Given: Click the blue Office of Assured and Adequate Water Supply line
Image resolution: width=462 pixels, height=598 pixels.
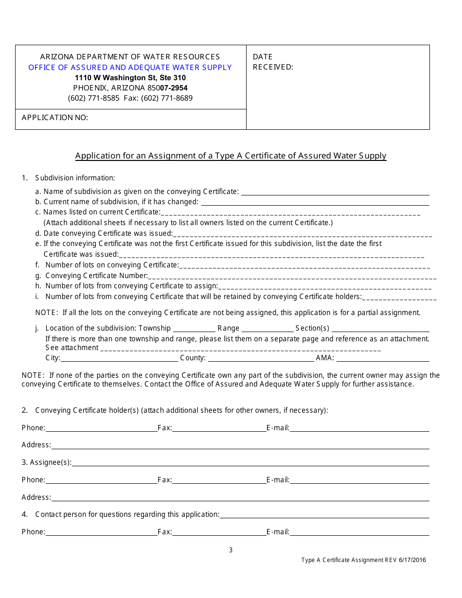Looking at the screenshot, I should pyautogui.click(x=130, y=68).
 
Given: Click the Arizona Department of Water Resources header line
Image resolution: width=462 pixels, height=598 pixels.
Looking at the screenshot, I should pyautogui.click(x=130, y=57).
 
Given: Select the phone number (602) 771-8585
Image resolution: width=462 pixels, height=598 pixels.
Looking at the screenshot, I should pyautogui.click(x=93, y=98).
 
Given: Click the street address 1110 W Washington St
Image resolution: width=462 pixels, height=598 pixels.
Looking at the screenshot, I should pyautogui.click(x=130, y=78).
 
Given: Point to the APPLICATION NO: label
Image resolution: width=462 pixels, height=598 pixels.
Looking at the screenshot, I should pyautogui.click(x=55, y=118).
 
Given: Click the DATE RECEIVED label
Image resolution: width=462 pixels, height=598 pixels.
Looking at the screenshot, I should pyautogui.click(x=273, y=62).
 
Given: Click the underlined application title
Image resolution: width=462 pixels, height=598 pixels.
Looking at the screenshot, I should pyautogui.click(x=231, y=156).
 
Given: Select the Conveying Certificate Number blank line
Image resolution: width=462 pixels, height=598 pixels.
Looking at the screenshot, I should pyautogui.click(x=292, y=276).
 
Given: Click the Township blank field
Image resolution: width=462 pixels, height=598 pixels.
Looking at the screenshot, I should pyautogui.click(x=194, y=328).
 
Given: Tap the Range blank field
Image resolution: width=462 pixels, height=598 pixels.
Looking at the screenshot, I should pyautogui.click(x=267, y=328).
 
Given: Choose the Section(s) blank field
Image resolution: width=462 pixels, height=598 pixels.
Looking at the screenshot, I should pyautogui.click(x=380, y=328).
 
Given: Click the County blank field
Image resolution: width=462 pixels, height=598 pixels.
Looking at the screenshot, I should pyautogui.click(x=261, y=358).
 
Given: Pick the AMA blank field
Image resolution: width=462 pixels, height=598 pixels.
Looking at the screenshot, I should pyautogui.click(x=383, y=358).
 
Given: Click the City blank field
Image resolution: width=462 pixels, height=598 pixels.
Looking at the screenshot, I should pyautogui.click(x=119, y=358).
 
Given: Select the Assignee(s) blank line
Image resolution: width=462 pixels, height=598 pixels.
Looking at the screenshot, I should pyautogui.click(x=250, y=462).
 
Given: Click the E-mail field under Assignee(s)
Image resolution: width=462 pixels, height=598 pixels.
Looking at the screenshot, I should pyautogui.click(x=359, y=480).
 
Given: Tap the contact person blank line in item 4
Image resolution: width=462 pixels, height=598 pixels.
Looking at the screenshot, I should pyautogui.click(x=324, y=514).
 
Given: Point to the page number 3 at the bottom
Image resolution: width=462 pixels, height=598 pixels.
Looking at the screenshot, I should pyautogui.click(x=231, y=550).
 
